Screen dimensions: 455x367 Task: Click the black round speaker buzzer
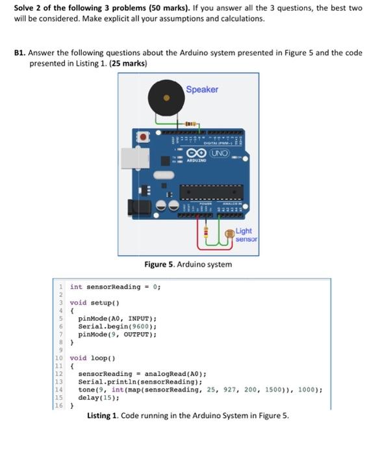point(166,98)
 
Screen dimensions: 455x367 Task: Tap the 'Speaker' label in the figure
point(202,90)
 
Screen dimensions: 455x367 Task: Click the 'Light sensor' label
point(244,235)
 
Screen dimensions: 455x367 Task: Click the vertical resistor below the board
point(206,232)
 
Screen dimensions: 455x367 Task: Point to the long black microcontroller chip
point(212,192)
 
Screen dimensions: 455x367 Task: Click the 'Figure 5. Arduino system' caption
point(188,265)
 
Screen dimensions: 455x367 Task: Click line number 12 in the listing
point(58,374)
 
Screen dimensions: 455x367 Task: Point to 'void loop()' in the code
point(93,358)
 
